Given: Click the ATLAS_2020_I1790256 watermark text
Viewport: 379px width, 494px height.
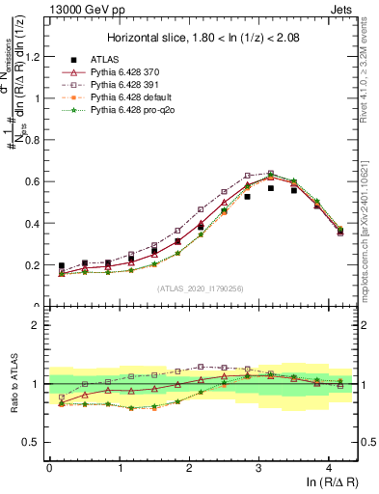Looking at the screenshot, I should tap(202, 288).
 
